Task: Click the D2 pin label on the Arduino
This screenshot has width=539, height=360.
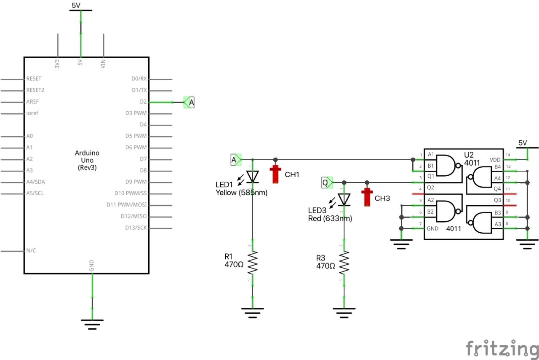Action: tap(143, 102)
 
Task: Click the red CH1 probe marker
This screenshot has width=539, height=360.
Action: tap(276, 174)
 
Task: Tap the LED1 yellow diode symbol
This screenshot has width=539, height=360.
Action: tap(252, 176)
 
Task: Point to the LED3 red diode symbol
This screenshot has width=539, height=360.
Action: tap(344, 199)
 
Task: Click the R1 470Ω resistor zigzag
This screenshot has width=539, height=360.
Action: tap(252, 262)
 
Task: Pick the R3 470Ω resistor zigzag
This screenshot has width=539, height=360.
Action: tap(344, 262)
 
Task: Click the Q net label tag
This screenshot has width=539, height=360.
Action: tap(326, 182)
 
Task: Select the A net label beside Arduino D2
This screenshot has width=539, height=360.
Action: tap(189, 102)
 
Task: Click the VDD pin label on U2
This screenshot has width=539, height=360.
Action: tap(495, 160)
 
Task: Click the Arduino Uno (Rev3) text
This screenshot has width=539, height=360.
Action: tap(87, 160)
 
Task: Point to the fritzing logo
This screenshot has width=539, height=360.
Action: tap(502, 349)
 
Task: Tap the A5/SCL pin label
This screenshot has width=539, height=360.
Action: tap(35, 194)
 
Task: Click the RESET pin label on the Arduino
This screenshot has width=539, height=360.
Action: tap(34, 79)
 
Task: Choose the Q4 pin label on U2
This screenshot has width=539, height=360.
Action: tap(497, 188)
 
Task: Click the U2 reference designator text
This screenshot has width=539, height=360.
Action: tap(469, 155)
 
